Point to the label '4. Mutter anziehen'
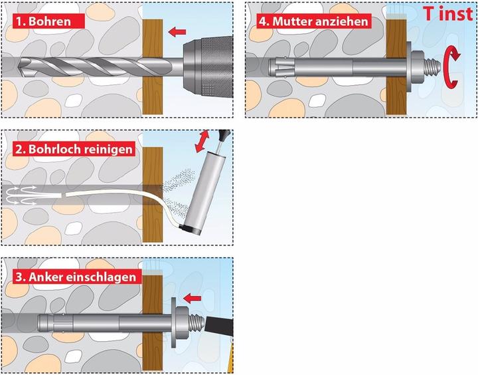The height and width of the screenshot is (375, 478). tap(313, 21)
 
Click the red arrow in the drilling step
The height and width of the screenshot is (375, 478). tap(175, 31)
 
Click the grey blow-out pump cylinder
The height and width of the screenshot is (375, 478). tap(200, 189)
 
